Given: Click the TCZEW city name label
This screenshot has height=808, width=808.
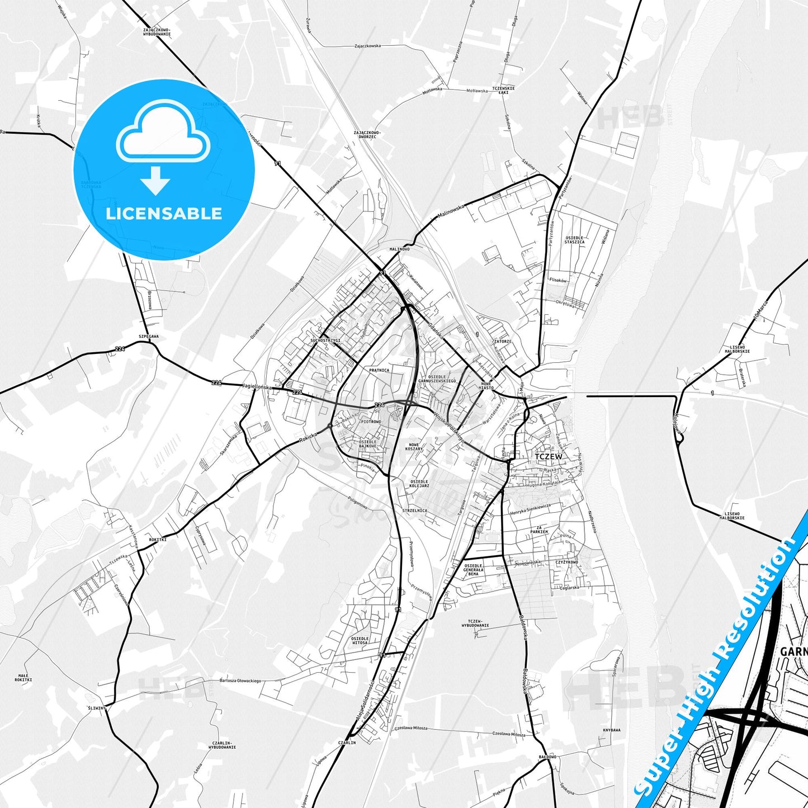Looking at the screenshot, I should (x=548, y=456).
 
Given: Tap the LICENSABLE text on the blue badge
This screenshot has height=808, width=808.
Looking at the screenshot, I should (x=164, y=214).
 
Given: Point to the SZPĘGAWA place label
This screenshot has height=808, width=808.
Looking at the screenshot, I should (x=149, y=336).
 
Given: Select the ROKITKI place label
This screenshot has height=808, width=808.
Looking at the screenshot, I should (x=158, y=539).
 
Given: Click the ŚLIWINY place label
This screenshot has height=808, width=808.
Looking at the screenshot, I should (x=96, y=708).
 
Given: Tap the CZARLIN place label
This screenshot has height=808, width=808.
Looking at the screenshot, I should (x=347, y=743).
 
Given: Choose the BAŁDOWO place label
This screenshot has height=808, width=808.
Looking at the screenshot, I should (x=547, y=757).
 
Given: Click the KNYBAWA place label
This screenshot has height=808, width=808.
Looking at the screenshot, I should (x=612, y=730).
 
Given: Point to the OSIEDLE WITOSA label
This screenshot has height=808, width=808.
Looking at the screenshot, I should (x=360, y=640).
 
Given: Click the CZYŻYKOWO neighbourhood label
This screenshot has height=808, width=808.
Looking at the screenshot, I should (x=566, y=562).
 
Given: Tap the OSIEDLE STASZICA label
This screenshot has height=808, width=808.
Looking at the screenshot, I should (x=574, y=240).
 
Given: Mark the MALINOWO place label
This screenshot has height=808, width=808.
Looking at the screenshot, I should (x=399, y=249).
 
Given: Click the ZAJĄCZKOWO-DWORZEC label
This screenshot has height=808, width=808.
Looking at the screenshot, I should (x=367, y=135).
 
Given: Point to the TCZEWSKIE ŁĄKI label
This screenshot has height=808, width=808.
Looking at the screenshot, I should (x=503, y=90).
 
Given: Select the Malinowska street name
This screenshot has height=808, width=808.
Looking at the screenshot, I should (x=452, y=213).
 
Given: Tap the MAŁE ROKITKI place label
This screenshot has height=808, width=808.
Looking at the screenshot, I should (x=23, y=678).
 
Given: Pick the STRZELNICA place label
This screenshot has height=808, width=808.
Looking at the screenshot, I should (x=415, y=511).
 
